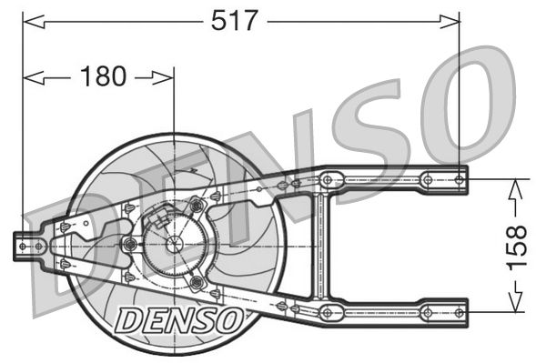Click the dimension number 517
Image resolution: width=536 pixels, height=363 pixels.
click(236, 20)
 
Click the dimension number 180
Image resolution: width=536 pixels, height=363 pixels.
click(102, 77)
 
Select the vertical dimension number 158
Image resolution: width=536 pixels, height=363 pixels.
click(516, 245)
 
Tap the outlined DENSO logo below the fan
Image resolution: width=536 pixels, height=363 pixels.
click(179, 318)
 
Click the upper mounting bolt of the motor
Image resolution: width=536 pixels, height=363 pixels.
click(196, 207)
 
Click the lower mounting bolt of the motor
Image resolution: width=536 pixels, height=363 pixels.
click(196, 283)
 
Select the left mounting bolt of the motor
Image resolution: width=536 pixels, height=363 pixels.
click(130, 245)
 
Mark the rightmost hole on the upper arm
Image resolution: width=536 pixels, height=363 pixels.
click(457, 178)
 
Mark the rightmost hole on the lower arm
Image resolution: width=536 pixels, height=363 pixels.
click(457, 312)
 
